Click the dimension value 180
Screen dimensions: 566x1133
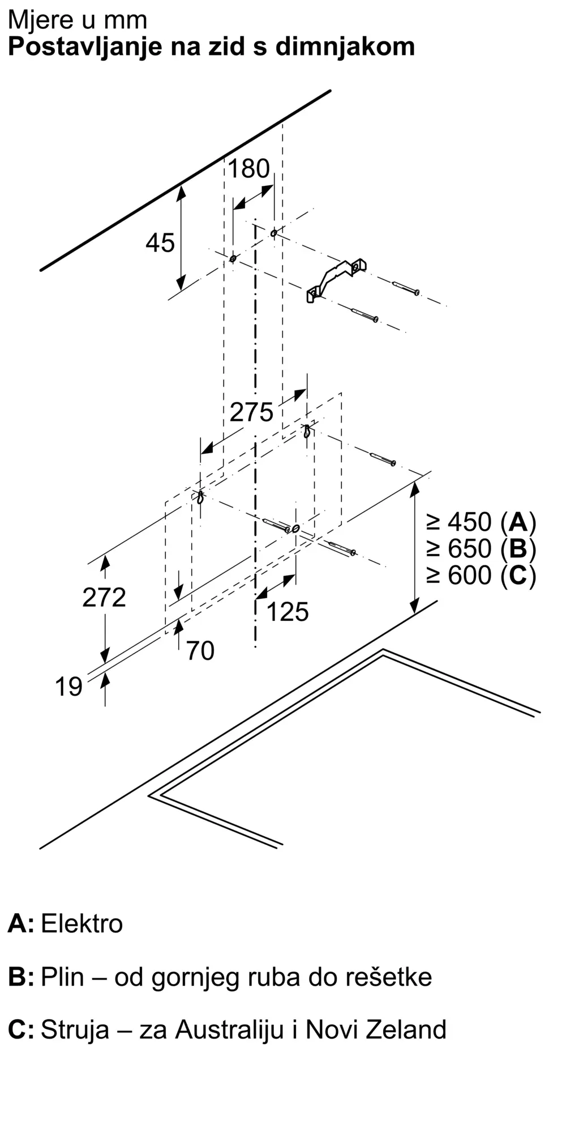[x=248, y=169]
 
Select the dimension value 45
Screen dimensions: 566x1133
[x=160, y=243]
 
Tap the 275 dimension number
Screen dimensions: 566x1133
[x=251, y=412]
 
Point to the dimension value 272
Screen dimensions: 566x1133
[x=104, y=598]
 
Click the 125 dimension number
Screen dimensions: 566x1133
[x=288, y=612]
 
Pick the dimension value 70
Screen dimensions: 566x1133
[x=200, y=650]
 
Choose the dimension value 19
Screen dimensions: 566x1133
[x=68, y=687]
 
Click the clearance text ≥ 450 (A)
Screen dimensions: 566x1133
[x=481, y=522]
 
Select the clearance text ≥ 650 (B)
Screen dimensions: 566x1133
[x=481, y=548]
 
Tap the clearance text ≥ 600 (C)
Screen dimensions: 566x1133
[x=481, y=576]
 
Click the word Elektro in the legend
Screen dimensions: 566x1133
[x=82, y=923]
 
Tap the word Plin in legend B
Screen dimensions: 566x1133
[x=62, y=977]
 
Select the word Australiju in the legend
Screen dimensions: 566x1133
[x=229, y=1029]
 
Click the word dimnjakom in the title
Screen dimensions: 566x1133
[x=345, y=46]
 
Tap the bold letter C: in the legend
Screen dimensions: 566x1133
[x=21, y=1029]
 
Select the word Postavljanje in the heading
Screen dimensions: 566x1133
[x=85, y=47]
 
